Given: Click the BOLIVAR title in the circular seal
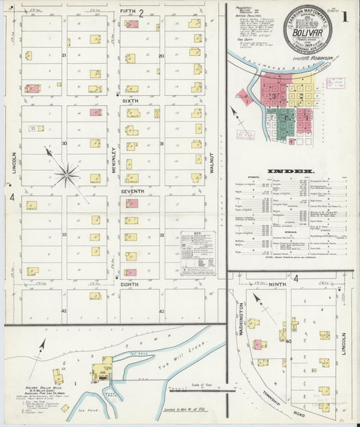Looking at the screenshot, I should [307, 31].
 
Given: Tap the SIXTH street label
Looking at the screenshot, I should [130, 100].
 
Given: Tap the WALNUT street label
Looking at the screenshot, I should [211, 163].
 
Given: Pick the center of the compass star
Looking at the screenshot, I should [66, 175].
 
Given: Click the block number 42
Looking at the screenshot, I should [63, 310].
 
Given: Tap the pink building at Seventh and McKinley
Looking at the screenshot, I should [132, 203].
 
